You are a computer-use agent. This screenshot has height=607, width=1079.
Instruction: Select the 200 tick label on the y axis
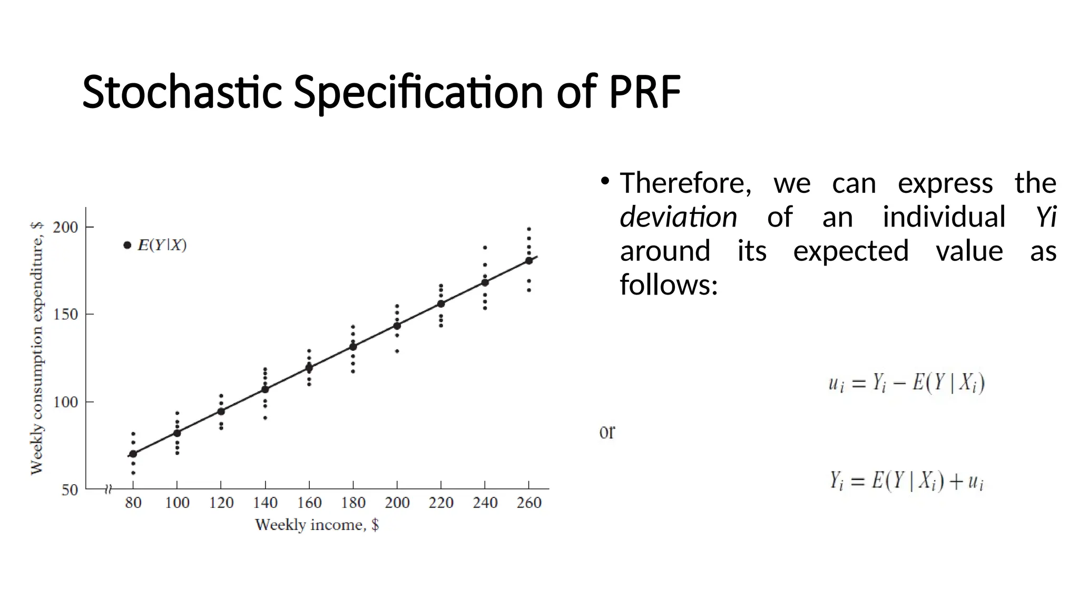[x=65, y=227]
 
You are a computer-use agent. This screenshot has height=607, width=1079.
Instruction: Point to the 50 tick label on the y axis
[x=70, y=490]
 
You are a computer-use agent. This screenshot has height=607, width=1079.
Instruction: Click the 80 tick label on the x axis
[x=133, y=503]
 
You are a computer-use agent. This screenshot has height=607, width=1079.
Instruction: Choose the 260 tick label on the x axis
[x=528, y=503]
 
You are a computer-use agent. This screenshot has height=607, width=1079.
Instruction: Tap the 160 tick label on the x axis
[x=309, y=503]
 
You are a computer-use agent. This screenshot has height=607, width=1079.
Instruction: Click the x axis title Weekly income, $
[x=317, y=525]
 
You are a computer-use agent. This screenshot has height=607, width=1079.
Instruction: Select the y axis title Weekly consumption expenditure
[x=36, y=348]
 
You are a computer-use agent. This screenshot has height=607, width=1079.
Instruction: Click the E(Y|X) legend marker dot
[x=127, y=245]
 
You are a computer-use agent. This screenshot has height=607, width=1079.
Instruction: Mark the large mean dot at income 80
[x=133, y=454]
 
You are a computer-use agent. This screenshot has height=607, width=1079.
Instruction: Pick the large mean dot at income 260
[x=528, y=260]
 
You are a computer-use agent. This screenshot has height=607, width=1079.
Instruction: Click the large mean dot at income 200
[x=397, y=326]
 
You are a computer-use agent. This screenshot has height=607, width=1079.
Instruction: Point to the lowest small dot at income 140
[x=265, y=418]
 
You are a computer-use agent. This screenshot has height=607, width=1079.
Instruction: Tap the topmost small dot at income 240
[x=485, y=247]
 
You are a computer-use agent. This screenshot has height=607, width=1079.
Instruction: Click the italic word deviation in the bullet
[x=678, y=217]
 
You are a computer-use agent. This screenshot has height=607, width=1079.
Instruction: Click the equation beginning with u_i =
[x=906, y=383]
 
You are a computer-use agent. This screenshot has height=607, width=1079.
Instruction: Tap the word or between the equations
[x=607, y=432]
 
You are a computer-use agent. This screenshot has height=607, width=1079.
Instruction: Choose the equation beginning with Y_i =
[x=906, y=481]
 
